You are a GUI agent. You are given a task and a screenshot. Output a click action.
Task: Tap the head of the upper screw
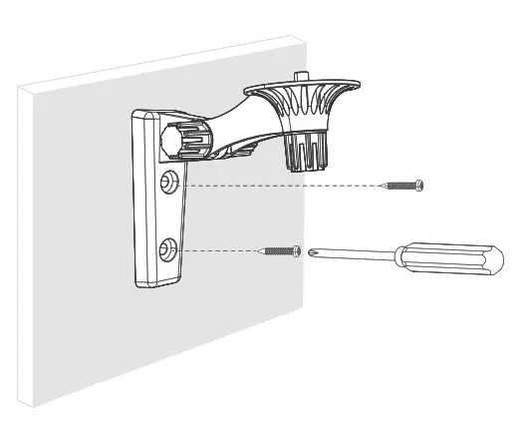click(x=419, y=184)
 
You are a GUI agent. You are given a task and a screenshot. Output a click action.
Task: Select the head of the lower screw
click(x=295, y=250)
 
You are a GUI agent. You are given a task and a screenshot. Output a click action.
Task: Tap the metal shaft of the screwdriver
click(x=349, y=254)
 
